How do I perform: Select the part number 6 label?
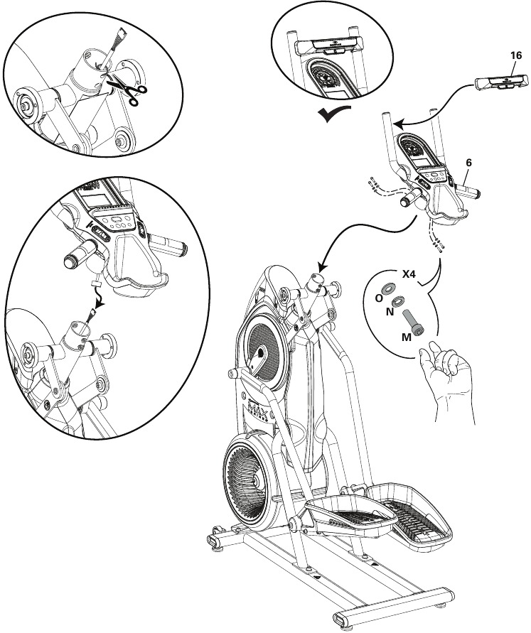pos(468,162)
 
